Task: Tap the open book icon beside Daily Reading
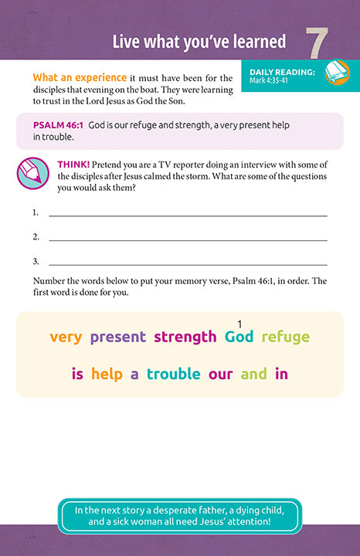337,73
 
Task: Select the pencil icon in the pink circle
34,173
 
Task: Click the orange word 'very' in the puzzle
66,337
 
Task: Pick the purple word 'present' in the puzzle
118,337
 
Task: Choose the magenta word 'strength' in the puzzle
185,337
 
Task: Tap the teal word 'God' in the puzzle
239,337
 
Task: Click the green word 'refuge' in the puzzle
286,337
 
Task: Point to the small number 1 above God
240,324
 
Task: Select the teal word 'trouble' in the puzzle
174,375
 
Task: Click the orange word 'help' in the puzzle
107,375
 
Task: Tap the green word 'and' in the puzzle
253,375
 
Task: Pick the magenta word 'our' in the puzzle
220,375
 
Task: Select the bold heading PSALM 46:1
59,124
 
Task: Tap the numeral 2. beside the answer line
36,236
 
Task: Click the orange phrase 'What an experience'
80,77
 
